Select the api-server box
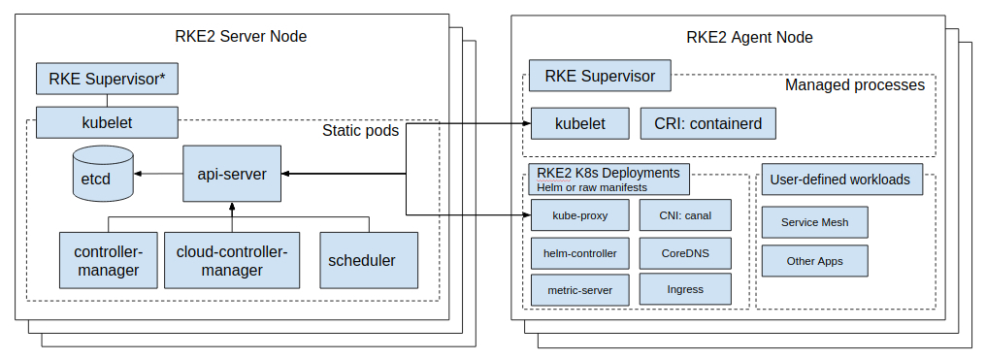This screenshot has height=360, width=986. click(x=232, y=174)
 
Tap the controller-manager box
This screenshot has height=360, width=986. click(x=107, y=260)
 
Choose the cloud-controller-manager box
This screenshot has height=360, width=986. click(x=232, y=260)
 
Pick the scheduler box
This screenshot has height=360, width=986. click(x=362, y=260)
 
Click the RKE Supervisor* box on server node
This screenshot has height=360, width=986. click(x=107, y=79)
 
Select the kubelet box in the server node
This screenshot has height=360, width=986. click(x=107, y=122)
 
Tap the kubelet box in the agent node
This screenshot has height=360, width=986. click(x=579, y=123)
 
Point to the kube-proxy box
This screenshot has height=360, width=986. click(x=579, y=214)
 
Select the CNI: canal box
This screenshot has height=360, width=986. click(x=685, y=214)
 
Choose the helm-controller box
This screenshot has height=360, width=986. click(x=579, y=252)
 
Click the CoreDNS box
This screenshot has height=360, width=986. click(x=685, y=252)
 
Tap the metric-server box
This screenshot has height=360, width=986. click(x=579, y=289)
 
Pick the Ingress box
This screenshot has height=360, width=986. click(x=685, y=289)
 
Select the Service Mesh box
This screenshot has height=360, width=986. click(x=814, y=222)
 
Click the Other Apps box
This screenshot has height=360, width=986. click(x=814, y=261)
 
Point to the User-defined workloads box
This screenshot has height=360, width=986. click(x=840, y=180)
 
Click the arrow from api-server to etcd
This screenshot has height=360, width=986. click(x=158, y=174)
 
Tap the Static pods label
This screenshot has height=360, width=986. click(x=360, y=130)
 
